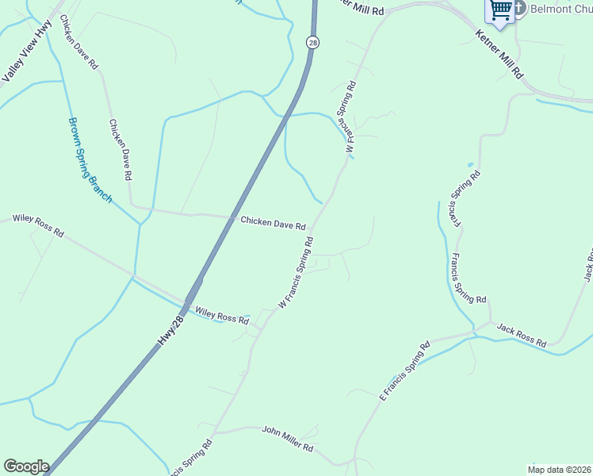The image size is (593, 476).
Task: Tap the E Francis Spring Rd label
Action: [404, 369]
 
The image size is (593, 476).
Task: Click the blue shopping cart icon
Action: [501, 10]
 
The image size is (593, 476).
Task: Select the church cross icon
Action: [520, 9]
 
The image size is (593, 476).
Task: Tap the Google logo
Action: [26, 466]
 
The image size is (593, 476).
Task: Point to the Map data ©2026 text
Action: [559, 469]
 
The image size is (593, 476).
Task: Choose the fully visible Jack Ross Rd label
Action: [522, 336]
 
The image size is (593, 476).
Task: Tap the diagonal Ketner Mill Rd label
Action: [499, 55]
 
